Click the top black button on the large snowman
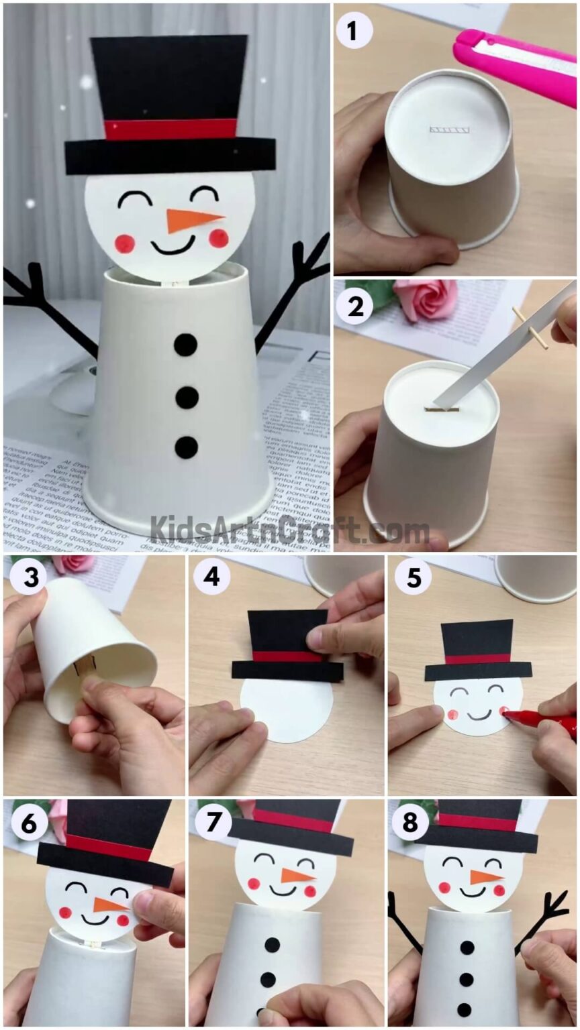coord(186,345)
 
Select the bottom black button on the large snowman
coord(186,447)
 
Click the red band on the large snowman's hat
coord(171,129)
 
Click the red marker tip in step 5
coord(508,716)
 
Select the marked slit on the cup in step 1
coord(449,129)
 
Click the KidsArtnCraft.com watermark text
coord(289,530)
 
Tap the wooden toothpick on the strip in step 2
coord(530,328)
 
